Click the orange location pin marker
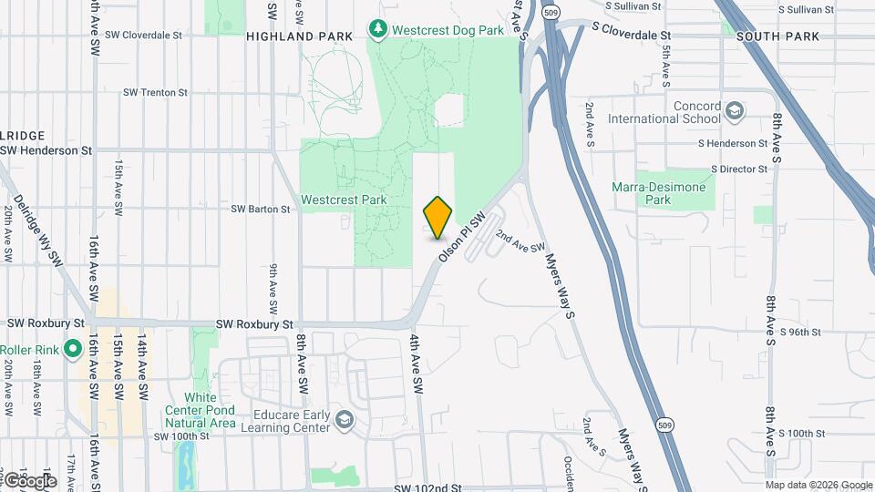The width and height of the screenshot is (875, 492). pyautogui.click(x=437, y=217)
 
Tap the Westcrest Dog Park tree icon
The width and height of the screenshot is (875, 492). pyautogui.click(x=378, y=29)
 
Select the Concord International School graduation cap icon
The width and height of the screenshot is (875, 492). pyautogui.click(x=735, y=112)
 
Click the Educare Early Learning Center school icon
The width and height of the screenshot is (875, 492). pyautogui.click(x=344, y=418)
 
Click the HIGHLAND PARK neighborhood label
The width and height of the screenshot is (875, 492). pyautogui.click(x=288, y=36)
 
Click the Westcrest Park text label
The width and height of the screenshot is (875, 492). pyautogui.click(x=344, y=200)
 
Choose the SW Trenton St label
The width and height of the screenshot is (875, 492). pyautogui.click(x=156, y=92)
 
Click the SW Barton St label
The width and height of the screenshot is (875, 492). pyautogui.click(x=260, y=209)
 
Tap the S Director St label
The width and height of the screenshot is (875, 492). pyautogui.click(x=739, y=169)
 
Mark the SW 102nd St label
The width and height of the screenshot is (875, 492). pyautogui.click(x=428, y=488)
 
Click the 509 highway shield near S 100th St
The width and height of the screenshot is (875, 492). pyautogui.click(x=665, y=425)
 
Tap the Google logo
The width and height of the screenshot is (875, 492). pyautogui.click(x=29, y=480)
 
